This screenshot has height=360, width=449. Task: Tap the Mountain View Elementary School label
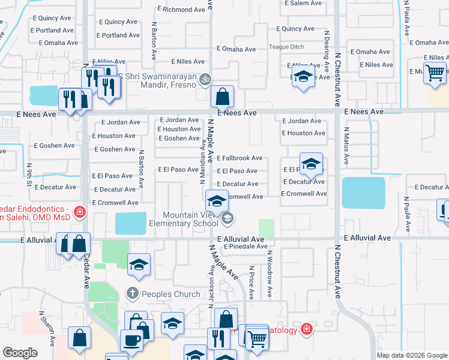pos(190,219)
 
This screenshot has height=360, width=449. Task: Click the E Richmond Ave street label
pos(181,10)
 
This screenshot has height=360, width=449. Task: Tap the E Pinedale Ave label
pos(243,246)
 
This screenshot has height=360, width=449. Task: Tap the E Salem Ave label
pos(303,3)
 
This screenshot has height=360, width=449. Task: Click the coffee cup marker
pos(131,340)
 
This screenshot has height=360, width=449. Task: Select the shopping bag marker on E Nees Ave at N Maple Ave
pos(222,97)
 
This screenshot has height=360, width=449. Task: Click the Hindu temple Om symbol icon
pos(205,79)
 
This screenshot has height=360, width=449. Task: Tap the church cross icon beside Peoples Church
pos(133,294)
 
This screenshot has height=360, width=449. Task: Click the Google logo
pos(20,353)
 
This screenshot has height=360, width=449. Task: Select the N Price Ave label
pos(252,283)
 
